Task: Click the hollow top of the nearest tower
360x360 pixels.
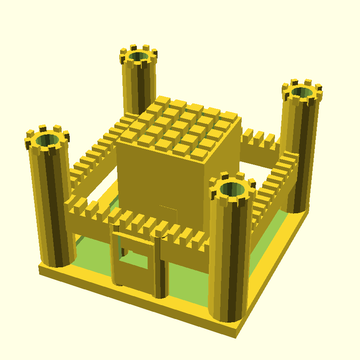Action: click(x=231, y=189)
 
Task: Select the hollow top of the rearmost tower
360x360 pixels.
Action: click(x=138, y=57)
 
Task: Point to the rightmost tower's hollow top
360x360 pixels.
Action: click(x=302, y=92)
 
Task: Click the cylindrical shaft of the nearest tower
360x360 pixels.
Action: click(x=228, y=261)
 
